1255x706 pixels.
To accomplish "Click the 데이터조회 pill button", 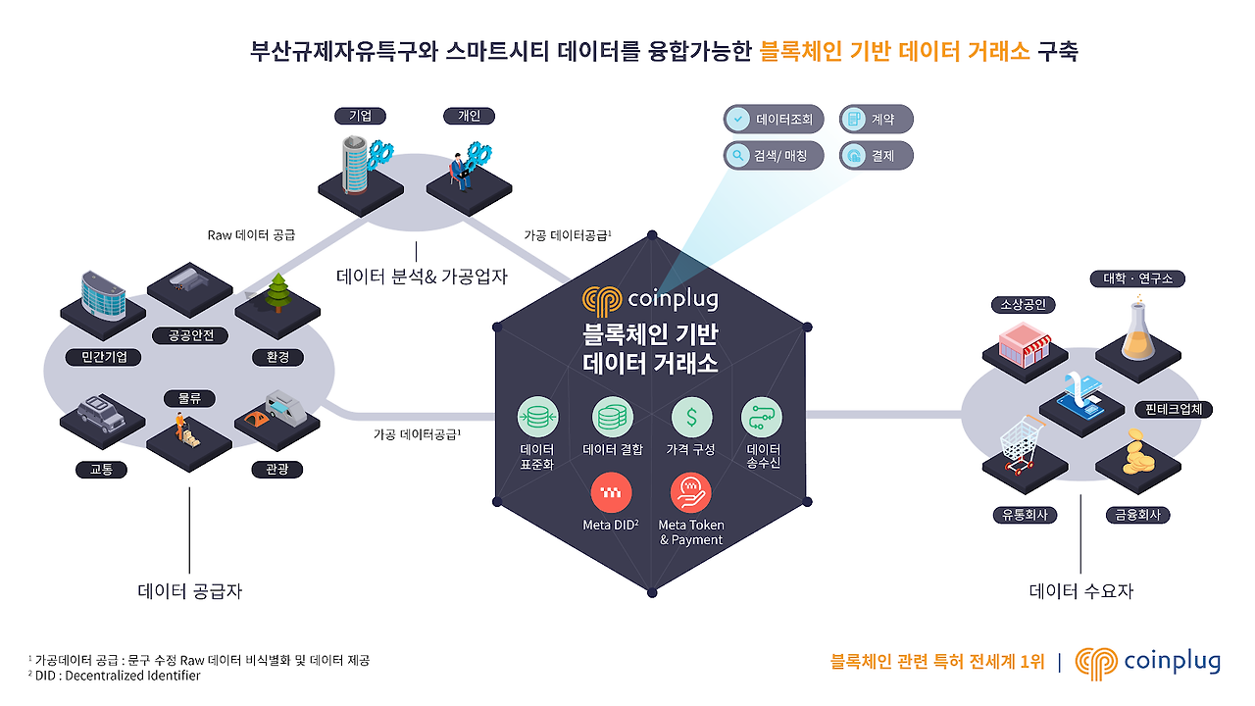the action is tap(774, 119).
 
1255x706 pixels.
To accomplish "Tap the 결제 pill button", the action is tap(877, 155).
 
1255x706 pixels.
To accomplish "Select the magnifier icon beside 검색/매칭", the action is tap(738, 155).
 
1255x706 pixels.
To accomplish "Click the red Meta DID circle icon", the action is tap(611, 492).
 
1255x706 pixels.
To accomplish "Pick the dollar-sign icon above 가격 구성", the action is tap(691, 418).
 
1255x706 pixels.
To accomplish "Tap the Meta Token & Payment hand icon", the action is tap(691, 493).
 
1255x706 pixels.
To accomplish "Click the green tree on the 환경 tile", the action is tap(277, 292).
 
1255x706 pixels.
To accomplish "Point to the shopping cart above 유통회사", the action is tap(1023, 445).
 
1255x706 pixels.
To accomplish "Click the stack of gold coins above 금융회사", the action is tap(1136, 452).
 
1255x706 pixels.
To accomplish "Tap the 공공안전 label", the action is tap(190, 335).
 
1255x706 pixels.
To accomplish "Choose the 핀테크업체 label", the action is tap(1174, 410).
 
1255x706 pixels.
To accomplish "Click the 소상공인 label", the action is tap(1023, 304).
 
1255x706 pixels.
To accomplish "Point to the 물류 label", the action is tap(189, 398).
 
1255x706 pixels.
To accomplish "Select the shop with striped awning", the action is tap(1025, 344).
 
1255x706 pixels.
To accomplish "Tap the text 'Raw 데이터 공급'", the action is tap(251, 234).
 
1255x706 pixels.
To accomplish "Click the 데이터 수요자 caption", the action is tap(1080, 590).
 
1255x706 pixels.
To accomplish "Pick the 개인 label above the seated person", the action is tap(469, 116).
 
